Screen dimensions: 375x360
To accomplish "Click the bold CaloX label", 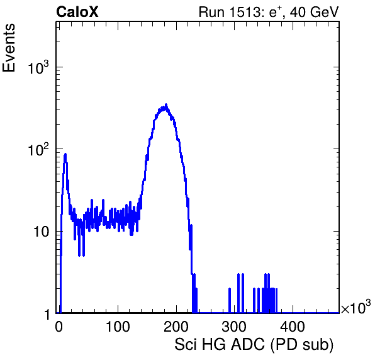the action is coord(77,12).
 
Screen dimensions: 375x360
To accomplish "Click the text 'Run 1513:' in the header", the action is coord(232,12).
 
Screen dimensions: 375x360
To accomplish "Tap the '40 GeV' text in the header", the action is coord(314,12).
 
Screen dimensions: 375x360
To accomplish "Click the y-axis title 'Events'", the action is coord(9,48).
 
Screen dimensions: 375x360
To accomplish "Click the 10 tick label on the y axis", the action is coord(41,232).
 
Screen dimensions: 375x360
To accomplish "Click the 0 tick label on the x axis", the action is coord(59,327).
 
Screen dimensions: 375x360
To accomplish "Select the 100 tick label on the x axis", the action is coord(118,327).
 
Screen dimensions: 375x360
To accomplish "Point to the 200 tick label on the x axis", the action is coord(176,327).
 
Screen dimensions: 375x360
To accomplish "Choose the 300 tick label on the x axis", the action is coord(234,327).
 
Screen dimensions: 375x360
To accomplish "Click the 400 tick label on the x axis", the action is coord(293,327).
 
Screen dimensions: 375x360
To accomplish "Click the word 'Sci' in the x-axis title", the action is coord(186,345).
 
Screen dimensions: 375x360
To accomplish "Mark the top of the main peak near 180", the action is coord(166,104).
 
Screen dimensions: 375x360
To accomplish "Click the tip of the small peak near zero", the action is coord(65,154).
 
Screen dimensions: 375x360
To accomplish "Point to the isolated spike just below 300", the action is coord(230,300).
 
